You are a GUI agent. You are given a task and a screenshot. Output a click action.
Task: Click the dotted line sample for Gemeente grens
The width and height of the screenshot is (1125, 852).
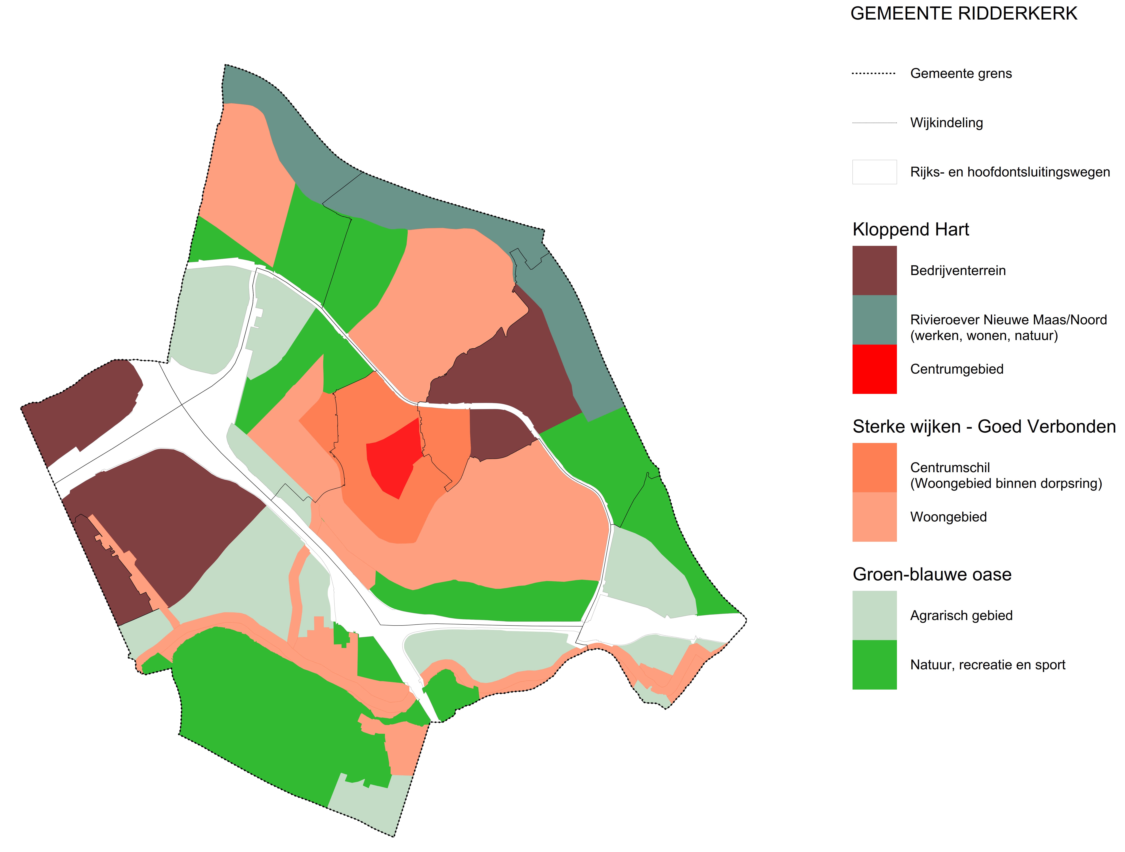tap(874, 74)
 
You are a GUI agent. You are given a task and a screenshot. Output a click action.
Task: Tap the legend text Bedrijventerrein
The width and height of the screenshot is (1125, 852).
tap(958, 270)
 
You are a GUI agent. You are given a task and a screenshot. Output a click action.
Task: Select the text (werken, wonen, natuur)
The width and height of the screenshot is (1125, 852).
tap(984, 335)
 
